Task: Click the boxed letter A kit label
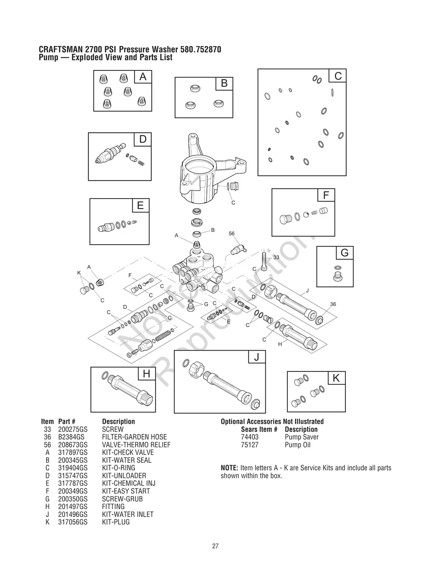pyautogui.click(x=143, y=77)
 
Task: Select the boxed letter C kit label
pyautogui.click(x=338, y=76)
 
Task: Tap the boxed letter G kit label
pyautogui.click(x=344, y=253)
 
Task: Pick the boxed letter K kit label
pyautogui.click(x=336, y=378)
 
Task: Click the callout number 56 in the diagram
pyautogui.click(x=232, y=233)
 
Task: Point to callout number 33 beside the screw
pyautogui.click(x=276, y=257)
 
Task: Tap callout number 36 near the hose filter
pyautogui.click(x=333, y=304)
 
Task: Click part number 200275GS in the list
pyautogui.click(x=72, y=429)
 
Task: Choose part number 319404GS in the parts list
pyautogui.click(x=72, y=468)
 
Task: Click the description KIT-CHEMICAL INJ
pyautogui.click(x=128, y=483)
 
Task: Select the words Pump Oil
pyautogui.click(x=297, y=445)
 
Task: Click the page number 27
pyautogui.click(x=215, y=546)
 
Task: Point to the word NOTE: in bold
pyautogui.click(x=230, y=468)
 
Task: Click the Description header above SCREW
pyautogui.click(x=118, y=421)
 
